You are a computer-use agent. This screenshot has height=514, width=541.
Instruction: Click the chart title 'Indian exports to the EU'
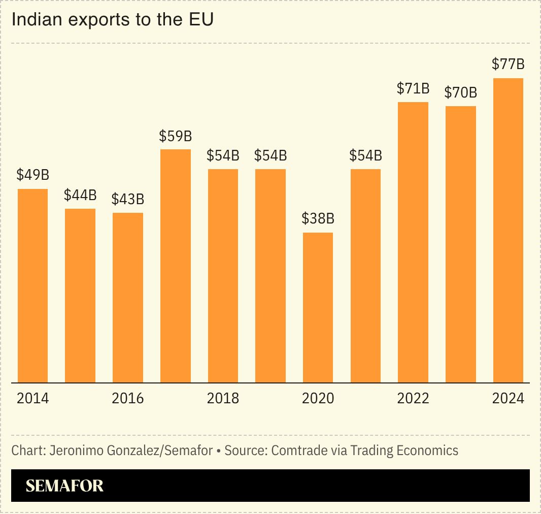[x=113, y=20]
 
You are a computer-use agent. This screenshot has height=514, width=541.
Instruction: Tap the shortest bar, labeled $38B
[x=318, y=307]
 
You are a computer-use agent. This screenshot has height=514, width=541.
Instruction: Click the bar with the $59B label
[x=176, y=266]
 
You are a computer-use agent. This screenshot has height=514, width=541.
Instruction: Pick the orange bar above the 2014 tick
[x=33, y=285]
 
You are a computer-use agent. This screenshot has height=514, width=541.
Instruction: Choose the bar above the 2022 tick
[x=413, y=242]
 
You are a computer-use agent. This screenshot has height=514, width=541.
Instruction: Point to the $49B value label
[x=33, y=175]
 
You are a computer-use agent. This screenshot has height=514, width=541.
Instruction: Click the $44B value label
[x=80, y=195]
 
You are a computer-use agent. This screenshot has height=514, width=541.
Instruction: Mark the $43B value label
[x=128, y=199]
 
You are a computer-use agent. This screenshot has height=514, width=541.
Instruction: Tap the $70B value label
[x=461, y=92]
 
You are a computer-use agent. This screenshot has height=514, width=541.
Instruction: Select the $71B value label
[x=413, y=88]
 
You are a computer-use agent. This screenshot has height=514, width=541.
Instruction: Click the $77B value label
[x=508, y=65]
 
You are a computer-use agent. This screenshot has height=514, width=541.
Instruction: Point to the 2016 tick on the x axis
[x=128, y=398]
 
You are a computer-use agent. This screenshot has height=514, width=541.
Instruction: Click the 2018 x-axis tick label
[x=223, y=398]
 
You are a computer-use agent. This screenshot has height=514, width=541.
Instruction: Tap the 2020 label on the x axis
[x=318, y=398]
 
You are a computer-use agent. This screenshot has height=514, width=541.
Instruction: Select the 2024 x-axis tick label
[x=508, y=398]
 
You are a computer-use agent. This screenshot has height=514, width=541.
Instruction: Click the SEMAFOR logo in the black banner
[x=64, y=486]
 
